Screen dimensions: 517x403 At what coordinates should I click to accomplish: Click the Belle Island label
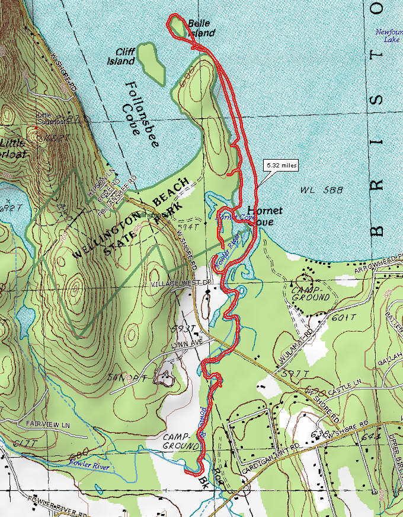point(200,28)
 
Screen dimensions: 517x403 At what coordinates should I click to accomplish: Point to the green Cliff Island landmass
point(151,62)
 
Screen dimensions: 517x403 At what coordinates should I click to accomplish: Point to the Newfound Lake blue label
point(388,36)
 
